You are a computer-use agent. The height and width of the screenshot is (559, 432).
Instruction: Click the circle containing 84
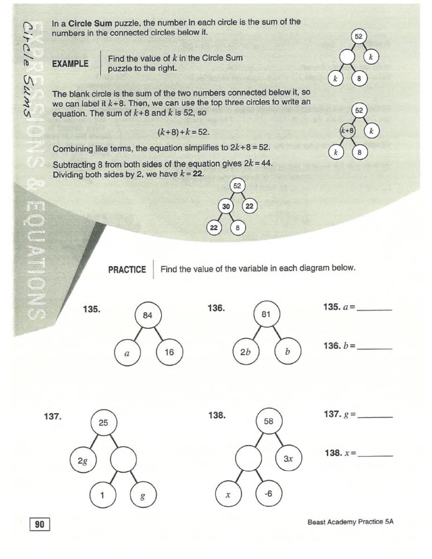pyautogui.click(x=147, y=315)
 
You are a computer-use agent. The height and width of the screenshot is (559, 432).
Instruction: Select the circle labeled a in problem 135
pyautogui.click(x=127, y=353)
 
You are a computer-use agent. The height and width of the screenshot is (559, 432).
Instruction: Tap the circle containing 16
pyautogui.click(x=170, y=352)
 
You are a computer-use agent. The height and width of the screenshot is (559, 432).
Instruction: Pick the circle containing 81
pyautogui.click(x=266, y=314)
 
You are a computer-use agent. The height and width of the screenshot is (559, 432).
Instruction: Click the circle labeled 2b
pyautogui.click(x=246, y=352)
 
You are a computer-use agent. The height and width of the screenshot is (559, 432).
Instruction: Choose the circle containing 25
pyautogui.click(x=103, y=423)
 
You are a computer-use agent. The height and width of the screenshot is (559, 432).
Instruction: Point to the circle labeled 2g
pyautogui.click(x=83, y=461)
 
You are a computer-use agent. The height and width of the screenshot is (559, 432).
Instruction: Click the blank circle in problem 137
pyautogui.click(x=123, y=460)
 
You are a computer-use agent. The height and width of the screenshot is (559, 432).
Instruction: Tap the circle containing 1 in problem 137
pyautogui.click(x=103, y=495)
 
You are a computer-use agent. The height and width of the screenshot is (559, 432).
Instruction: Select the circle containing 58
pyautogui.click(x=268, y=421)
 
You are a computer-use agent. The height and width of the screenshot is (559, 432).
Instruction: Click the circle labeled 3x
pyautogui.click(x=289, y=459)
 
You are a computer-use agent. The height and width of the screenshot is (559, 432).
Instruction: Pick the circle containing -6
pyautogui.click(x=269, y=494)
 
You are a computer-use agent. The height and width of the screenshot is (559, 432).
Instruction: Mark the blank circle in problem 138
pyautogui.click(x=249, y=458)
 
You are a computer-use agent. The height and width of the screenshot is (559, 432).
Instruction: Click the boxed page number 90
pyautogui.click(x=39, y=524)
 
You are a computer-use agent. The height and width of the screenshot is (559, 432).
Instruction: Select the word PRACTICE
pyautogui.click(x=127, y=270)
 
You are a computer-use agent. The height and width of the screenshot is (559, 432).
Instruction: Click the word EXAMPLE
pyautogui.click(x=70, y=64)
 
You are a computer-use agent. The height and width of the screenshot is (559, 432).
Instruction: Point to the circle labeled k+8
pyautogui.click(x=348, y=131)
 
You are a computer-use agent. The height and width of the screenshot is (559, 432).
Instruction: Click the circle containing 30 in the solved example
pyautogui.click(x=226, y=206)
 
